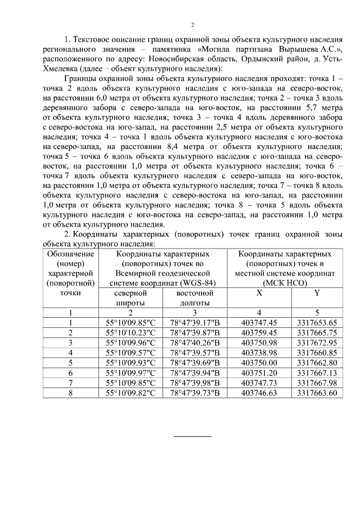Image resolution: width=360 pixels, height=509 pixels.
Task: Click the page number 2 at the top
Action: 192,25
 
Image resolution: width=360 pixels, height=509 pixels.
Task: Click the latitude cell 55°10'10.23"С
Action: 130,332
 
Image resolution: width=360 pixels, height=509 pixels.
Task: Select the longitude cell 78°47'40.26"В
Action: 195,342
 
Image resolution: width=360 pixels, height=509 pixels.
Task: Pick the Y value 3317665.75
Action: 317,332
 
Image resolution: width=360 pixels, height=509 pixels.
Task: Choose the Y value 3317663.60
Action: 317,392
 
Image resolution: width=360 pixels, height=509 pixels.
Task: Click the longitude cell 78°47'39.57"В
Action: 195,352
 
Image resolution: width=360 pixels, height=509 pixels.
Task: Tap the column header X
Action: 259,293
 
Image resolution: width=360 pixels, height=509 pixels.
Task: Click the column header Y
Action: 317,293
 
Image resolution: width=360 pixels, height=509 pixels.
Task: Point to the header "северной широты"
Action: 130,298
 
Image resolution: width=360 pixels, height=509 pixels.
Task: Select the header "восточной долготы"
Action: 195,298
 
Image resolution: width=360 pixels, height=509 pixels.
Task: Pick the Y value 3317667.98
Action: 317,382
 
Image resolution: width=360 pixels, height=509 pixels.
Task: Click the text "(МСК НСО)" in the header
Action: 287,283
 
